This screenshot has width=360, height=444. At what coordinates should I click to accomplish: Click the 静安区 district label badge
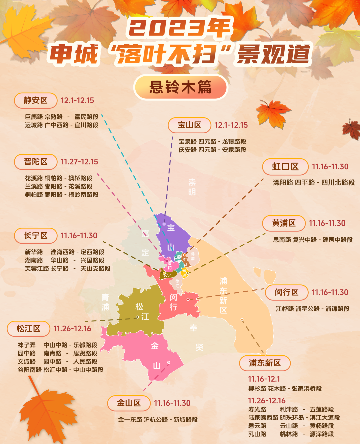tap(36, 100)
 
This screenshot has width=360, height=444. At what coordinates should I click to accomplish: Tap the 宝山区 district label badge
tap(189, 125)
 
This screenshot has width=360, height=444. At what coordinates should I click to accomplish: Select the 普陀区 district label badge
tap(36, 162)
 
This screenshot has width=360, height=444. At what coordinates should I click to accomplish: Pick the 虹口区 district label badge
tap(285, 167)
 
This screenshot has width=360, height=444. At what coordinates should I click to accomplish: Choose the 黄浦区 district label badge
tap(284, 223)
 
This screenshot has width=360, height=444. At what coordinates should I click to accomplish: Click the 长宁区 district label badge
tap(36, 236)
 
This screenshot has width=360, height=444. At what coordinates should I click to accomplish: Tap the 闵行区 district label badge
tap(287, 292)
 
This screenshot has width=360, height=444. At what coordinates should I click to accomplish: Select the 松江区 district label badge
tap(29, 329)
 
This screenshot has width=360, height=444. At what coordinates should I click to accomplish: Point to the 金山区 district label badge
tap(129, 403)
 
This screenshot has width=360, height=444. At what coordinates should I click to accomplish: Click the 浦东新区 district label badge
tap(265, 363)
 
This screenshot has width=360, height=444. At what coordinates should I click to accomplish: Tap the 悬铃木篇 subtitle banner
tap(180, 87)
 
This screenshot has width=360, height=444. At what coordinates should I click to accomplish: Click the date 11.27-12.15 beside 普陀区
tap(79, 162)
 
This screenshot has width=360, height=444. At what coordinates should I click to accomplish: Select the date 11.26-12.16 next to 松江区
tap(72, 329)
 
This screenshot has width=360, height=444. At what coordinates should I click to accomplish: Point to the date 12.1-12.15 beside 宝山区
tap(231, 125)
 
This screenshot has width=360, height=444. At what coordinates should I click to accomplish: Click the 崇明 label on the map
tap(192, 187)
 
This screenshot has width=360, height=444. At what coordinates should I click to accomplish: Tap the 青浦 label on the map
tap(105, 302)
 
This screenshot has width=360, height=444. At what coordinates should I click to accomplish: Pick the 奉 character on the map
tap(193, 328)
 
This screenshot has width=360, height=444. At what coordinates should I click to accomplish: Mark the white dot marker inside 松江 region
tap(137, 317)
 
